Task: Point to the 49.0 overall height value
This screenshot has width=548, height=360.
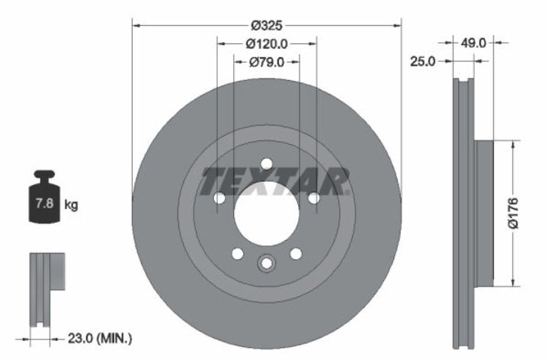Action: pos(473,44)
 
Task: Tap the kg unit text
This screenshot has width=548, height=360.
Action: pos(72,204)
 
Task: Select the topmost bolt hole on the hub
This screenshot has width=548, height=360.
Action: pos(266,164)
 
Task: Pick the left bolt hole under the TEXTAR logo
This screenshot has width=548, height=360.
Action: pos(220,198)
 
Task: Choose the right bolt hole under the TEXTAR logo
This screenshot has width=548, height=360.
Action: pos(312,198)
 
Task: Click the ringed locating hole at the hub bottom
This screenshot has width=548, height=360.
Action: pos(266,263)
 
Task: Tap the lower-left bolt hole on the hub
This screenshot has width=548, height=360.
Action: pos(237,254)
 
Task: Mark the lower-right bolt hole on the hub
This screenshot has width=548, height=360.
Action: pos(295,254)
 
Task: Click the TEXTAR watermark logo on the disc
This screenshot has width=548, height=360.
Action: pos(274,180)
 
